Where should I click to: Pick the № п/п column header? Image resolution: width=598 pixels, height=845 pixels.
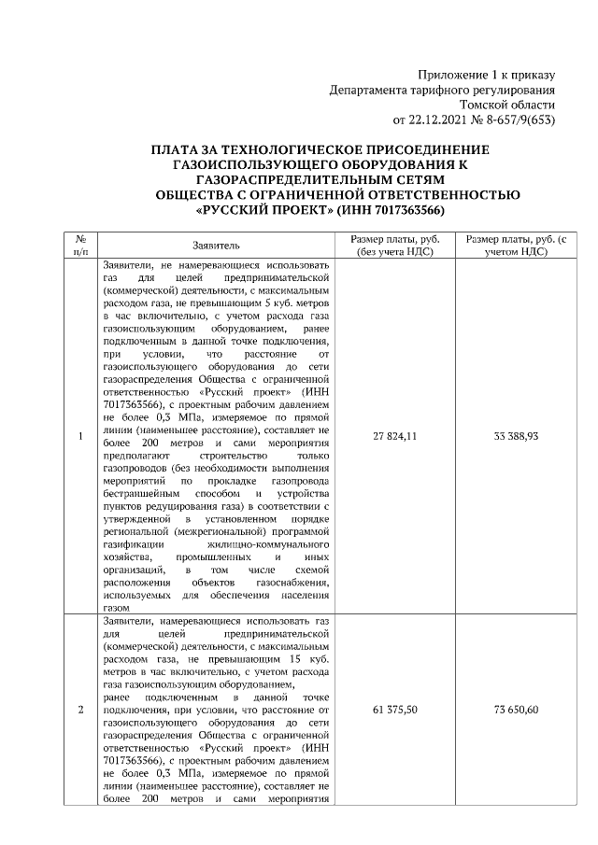coord(80,245)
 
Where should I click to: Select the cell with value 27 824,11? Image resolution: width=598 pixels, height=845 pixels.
coord(394,436)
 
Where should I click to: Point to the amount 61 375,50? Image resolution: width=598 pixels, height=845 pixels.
coord(394,710)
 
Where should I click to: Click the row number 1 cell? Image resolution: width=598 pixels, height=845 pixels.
coord(80,436)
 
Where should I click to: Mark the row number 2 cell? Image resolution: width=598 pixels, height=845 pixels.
coord(80,710)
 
